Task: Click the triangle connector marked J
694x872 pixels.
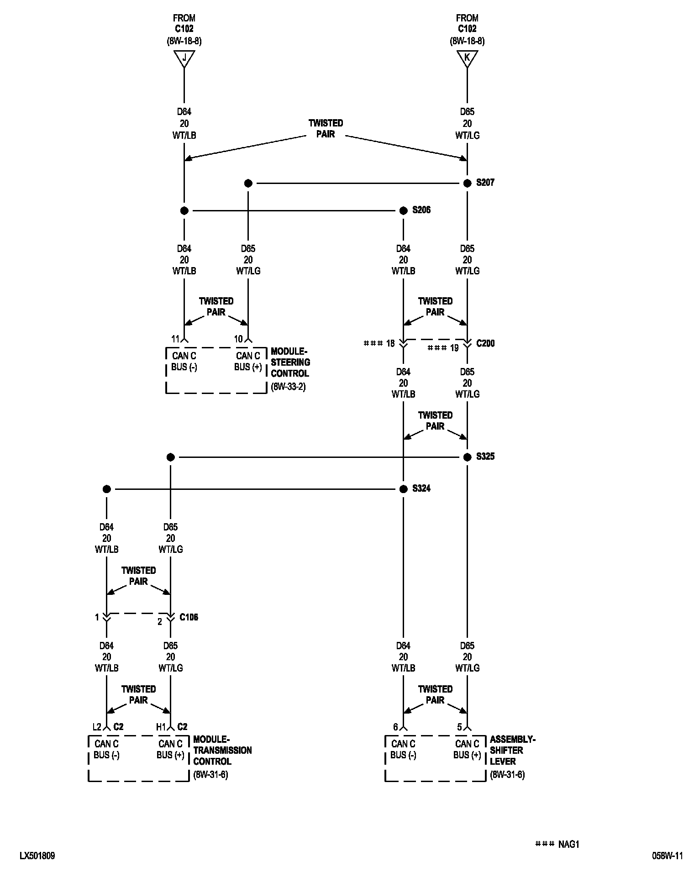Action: [x=184, y=58]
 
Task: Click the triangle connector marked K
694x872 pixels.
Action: [x=467, y=58]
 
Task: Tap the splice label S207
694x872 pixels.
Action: [x=485, y=183]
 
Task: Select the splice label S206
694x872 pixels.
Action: [x=421, y=210]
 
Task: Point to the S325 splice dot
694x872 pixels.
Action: [x=467, y=457]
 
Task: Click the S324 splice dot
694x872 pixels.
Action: [x=403, y=489]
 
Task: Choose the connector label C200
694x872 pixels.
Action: [x=485, y=343]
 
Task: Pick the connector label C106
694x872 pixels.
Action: [x=189, y=617]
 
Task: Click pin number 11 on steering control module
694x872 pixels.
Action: [x=175, y=339]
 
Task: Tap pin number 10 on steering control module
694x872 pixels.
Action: [x=238, y=339]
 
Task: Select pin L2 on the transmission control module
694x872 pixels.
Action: [x=96, y=727]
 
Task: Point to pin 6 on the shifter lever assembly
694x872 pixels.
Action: [x=395, y=727]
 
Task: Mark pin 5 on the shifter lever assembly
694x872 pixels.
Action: [x=459, y=727]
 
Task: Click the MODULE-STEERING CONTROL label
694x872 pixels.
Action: [x=290, y=362]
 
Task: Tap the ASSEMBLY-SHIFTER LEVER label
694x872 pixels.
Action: [x=512, y=750]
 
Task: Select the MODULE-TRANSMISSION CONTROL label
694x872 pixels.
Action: [x=222, y=750]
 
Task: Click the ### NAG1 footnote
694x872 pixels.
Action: [x=557, y=845]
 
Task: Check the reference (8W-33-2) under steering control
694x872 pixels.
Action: [x=288, y=387]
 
